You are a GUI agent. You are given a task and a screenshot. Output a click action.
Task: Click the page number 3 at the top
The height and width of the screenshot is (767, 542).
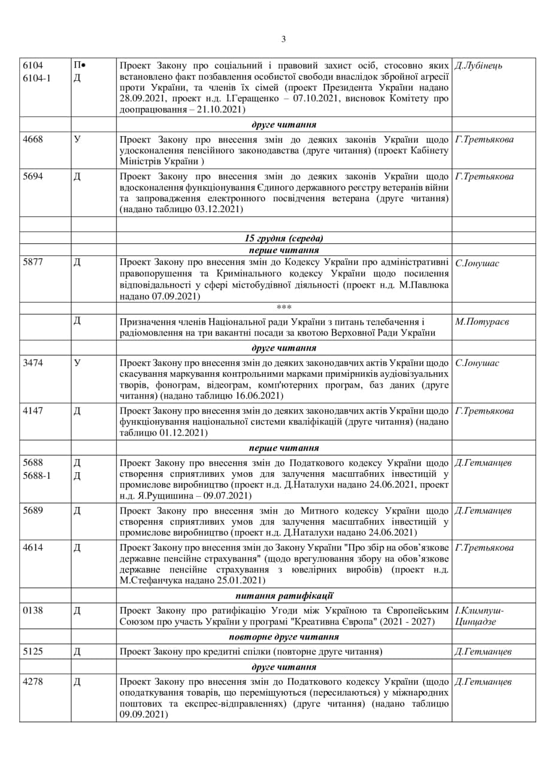pyautogui.click(x=283, y=40)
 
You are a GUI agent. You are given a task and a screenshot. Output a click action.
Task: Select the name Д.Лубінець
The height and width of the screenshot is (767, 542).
pyautogui.click(x=479, y=65)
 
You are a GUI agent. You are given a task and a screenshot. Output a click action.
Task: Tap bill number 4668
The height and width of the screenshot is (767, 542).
pyautogui.click(x=32, y=140)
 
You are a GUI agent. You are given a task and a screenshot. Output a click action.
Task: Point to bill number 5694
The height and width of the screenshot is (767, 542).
pyautogui.click(x=32, y=177)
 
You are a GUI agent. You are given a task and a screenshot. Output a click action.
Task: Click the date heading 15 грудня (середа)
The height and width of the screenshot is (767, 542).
pyautogui.click(x=284, y=238)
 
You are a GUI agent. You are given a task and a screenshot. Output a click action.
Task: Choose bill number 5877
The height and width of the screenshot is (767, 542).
pyautogui.click(x=32, y=262)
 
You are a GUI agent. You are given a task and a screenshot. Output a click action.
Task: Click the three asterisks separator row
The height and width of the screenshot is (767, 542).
pyautogui.click(x=284, y=307)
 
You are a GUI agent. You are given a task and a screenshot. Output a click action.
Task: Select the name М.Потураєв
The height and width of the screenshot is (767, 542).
pyautogui.click(x=482, y=322)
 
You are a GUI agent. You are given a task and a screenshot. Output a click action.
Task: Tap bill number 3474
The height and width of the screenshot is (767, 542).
pyautogui.click(x=32, y=363)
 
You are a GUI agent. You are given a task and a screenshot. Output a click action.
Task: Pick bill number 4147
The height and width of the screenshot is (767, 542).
pyautogui.click(x=32, y=411)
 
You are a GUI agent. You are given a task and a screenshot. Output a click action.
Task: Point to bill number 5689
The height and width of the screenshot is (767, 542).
pyautogui.click(x=32, y=511)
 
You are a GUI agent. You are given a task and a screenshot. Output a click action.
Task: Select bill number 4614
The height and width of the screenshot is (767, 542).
pyautogui.click(x=32, y=548)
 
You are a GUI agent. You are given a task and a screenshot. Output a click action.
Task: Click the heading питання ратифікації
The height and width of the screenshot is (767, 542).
pyautogui.click(x=284, y=596)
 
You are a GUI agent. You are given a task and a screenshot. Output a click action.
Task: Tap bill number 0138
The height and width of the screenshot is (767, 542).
pyautogui.click(x=32, y=610)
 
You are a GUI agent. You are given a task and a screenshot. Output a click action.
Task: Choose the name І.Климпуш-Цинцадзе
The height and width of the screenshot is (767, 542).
pyautogui.click(x=479, y=615)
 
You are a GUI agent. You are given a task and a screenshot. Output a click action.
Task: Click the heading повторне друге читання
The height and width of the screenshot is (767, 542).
pyautogui.click(x=284, y=637)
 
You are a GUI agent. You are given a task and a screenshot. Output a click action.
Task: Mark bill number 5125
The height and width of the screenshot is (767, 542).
pyautogui.click(x=32, y=651)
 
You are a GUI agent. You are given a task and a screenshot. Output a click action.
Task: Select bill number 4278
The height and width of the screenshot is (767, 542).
pyautogui.click(x=32, y=682)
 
